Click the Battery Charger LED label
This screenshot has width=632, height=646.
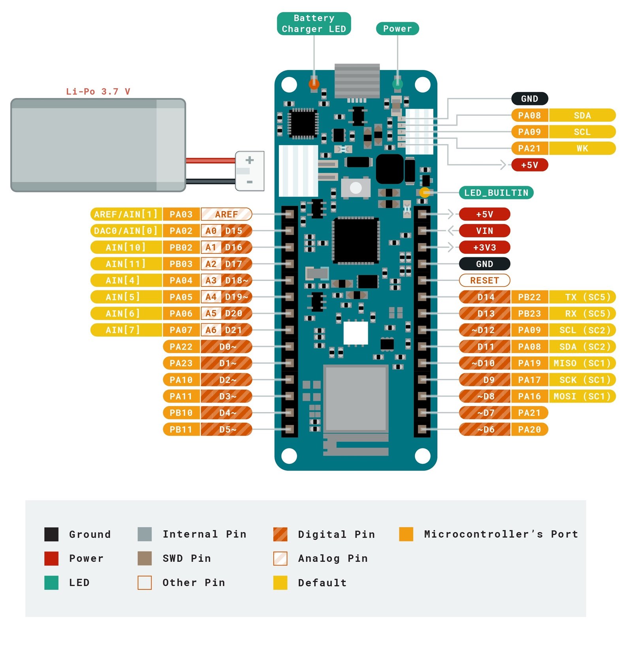pyautogui.click(x=314, y=24)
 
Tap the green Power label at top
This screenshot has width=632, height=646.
pyautogui.click(x=397, y=28)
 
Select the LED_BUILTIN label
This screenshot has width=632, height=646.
pyautogui.click(x=496, y=193)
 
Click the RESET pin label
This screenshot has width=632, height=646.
pyautogui.click(x=484, y=281)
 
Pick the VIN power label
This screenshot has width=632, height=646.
pyautogui.click(x=484, y=231)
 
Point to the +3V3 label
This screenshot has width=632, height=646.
pyautogui.click(x=484, y=247)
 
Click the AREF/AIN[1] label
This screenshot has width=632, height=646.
pyautogui.click(x=126, y=214)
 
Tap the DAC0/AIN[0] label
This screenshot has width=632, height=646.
pyautogui.click(x=126, y=231)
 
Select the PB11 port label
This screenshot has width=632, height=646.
pyautogui.click(x=181, y=429)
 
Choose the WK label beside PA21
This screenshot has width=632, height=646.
pyautogui.click(x=582, y=149)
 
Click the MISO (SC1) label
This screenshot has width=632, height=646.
pyautogui.click(x=582, y=363)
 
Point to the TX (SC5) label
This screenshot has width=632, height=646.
pyautogui.click(x=582, y=297)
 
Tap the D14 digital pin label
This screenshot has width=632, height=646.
pyautogui.click(x=485, y=297)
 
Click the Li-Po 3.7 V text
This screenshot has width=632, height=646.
pyautogui.click(x=98, y=92)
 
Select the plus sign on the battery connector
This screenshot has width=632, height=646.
pyautogui.click(x=249, y=160)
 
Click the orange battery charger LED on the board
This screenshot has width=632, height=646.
pyautogui.click(x=314, y=84)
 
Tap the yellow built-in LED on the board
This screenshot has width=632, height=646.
pyautogui.click(x=425, y=193)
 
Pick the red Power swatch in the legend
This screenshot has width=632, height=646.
pyautogui.click(x=51, y=558)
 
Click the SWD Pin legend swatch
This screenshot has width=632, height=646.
pyautogui.click(x=145, y=558)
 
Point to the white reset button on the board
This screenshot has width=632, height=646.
pyautogui.click(x=355, y=188)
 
